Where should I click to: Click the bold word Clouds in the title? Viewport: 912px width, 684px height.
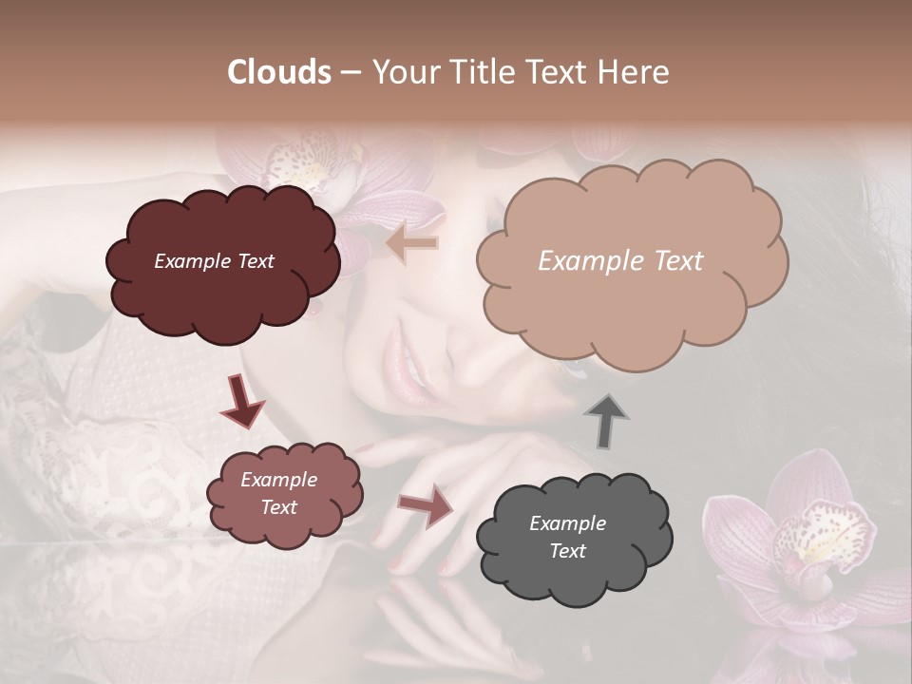(280, 72)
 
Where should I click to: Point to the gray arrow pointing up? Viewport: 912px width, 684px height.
(605, 421)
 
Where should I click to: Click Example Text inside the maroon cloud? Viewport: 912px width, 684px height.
(214, 261)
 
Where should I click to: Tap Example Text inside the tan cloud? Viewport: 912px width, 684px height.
(620, 261)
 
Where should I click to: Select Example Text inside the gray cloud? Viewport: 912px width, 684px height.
(567, 537)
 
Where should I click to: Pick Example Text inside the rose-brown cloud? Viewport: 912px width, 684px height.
(278, 494)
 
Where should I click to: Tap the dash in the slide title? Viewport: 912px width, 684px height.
(350, 73)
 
